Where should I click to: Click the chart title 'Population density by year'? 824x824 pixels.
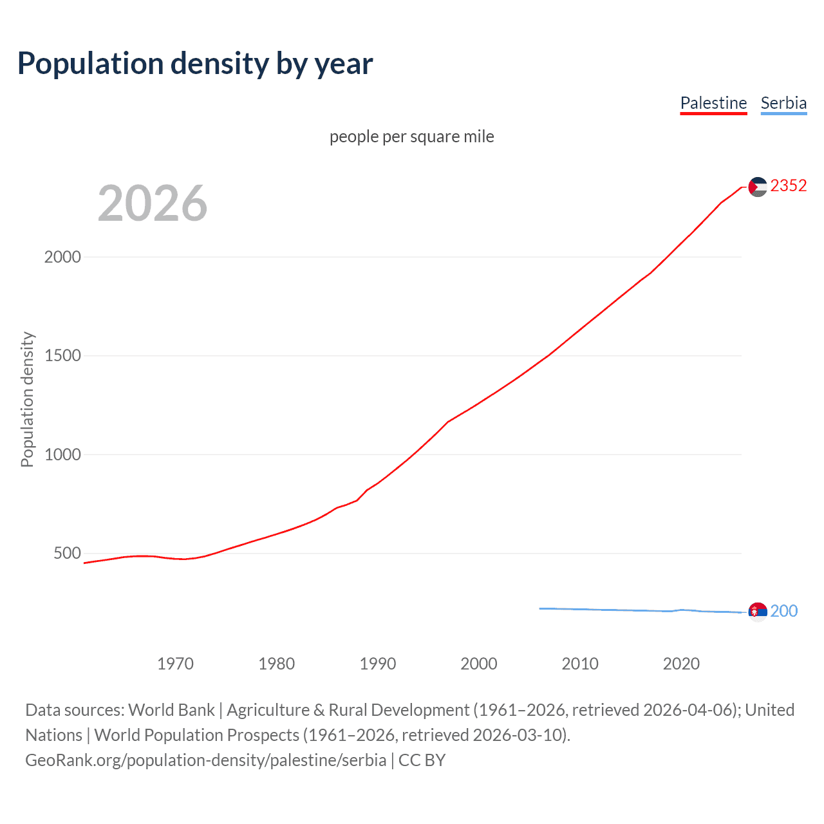pyautogui.click(x=195, y=64)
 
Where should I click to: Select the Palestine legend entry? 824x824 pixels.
pyautogui.click(x=713, y=103)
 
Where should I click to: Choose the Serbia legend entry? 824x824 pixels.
pyautogui.click(x=783, y=103)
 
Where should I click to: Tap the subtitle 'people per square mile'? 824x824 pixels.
pyautogui.click(x=412, y=136)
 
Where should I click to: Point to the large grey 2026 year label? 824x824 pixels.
pyautogui.click(x=153, y=203)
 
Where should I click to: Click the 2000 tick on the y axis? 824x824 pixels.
pyautogui.click(x=62, y=257)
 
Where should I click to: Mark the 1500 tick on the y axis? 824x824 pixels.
pyautogui.click(x=62, y=355)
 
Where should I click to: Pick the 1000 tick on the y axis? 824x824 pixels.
pyautogui.click(x=62, y=454)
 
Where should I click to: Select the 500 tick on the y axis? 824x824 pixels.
pyautogui.click(x=67, y=553)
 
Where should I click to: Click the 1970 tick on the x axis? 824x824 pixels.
pyautogui.click(x=175, y=664)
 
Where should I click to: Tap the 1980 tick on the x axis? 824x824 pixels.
pyautogui.click(x=276, y=664)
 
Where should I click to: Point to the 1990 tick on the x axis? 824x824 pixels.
pyautogui.click(x=378, y=664)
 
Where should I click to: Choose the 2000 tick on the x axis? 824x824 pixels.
pyautogui.click(x=479, y=664)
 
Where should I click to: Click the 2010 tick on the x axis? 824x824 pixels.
pyautogui.click(x=580, y=664)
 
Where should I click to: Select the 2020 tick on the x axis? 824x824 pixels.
pyautogui.click(x=681, y=664)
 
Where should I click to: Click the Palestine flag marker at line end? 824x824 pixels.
pyautogui.click(x=758, y=187)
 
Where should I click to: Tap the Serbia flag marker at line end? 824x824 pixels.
pyautogui.click(x=758, y=611)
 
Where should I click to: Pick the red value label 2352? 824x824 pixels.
pyautogui.click(x=789, y=186)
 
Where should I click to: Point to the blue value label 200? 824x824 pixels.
pyautogui.click(x=784, y=611)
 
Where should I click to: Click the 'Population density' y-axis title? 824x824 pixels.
pyautogui.click(x=27, y=399)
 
